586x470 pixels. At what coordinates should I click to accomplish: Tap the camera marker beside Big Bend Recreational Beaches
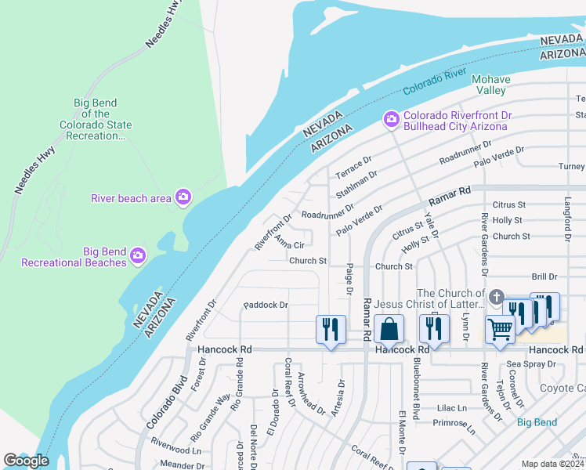click(x=139, y=255)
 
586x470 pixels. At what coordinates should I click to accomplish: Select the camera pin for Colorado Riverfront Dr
click(x=390, y=120)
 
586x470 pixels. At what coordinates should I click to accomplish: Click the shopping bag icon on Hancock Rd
click(x=389, y=329)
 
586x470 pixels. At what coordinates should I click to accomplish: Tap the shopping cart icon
click(x=500, y=329)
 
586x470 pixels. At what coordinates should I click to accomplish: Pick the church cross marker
click(x=495, y=298)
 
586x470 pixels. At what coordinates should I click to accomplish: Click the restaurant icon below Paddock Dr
click(x=331, y=329)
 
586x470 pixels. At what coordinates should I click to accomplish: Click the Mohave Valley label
click(x=491, y=85)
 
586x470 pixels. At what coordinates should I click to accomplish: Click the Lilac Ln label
click(x=451, y=408)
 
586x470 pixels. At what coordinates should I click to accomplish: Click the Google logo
click(x=26, y=461)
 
